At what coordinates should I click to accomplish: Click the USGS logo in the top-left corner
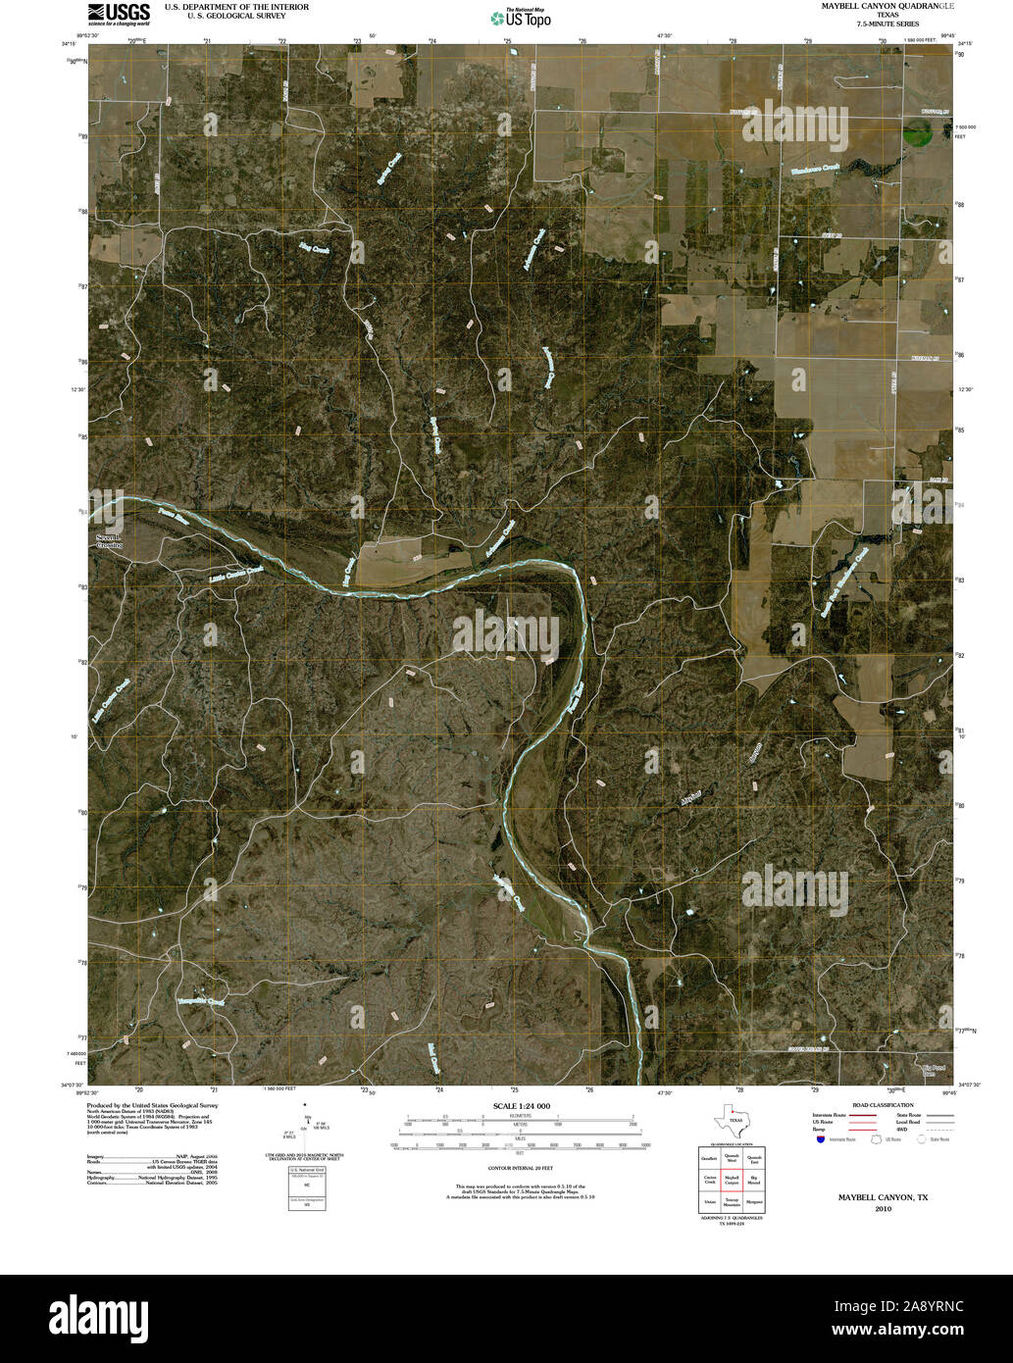pyautogui.click(x=119, y=13)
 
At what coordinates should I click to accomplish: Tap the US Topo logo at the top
pyautogui.click(x=520, y=17)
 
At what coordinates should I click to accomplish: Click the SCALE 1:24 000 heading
pyautogui.click(x=522, y=1105)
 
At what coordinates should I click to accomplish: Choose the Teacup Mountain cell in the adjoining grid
pyautogui.click(x=731, y=1201)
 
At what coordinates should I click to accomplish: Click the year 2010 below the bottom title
pyautogui.click(x=882, y=1209)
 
